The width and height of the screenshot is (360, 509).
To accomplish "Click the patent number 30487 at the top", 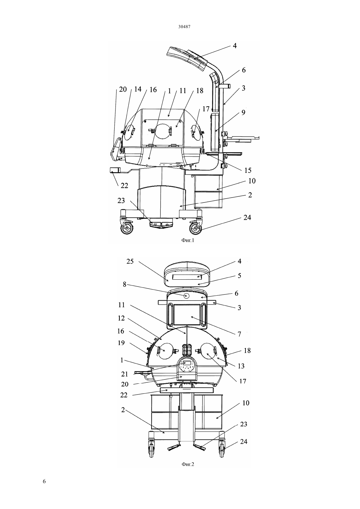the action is pos(184,26).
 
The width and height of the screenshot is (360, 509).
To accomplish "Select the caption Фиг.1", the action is pos(188,240).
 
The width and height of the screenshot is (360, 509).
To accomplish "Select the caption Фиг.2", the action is pos(188,464).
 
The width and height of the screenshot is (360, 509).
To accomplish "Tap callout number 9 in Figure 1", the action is pos(243,112).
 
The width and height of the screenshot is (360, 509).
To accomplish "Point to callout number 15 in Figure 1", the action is pos(247,170).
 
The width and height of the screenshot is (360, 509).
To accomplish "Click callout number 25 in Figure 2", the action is pos(130,261).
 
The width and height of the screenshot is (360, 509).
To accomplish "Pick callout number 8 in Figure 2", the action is pos(125,285).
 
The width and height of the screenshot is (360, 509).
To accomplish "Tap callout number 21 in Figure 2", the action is pos(125,374).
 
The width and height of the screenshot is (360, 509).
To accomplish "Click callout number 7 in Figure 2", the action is pos(239,334).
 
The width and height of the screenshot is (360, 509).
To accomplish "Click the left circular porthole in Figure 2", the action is pos(166,351).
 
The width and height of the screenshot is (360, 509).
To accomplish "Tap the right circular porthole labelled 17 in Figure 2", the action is pos(207,351).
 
